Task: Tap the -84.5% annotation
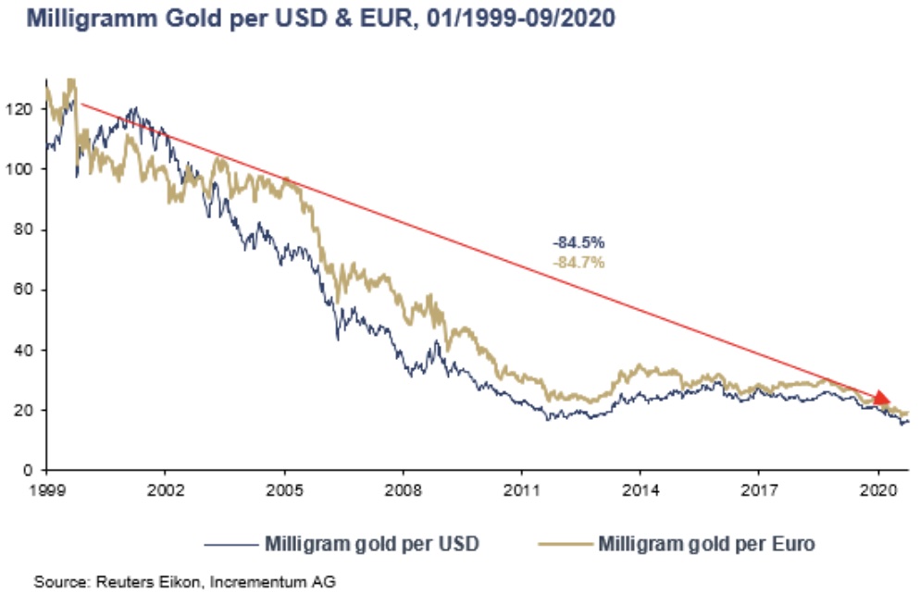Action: pyautogui.click(x=578, y=242)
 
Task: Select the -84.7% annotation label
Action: pyautogui.click(x=578, y=263)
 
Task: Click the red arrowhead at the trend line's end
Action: pyautogui.click(x=881, y=398)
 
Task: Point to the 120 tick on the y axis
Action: pyautogui.click(x=19, y=109)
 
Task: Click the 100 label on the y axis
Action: pyautogui.click(x=19, y=169)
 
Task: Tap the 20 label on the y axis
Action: pyautogui.click(x=23, y=410)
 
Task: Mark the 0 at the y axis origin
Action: pyautogui.click(x=28, y=470)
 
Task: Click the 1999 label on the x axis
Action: pyautogui.click(x=46, y=488)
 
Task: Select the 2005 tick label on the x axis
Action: pyautogui.click(x=283, y=488)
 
